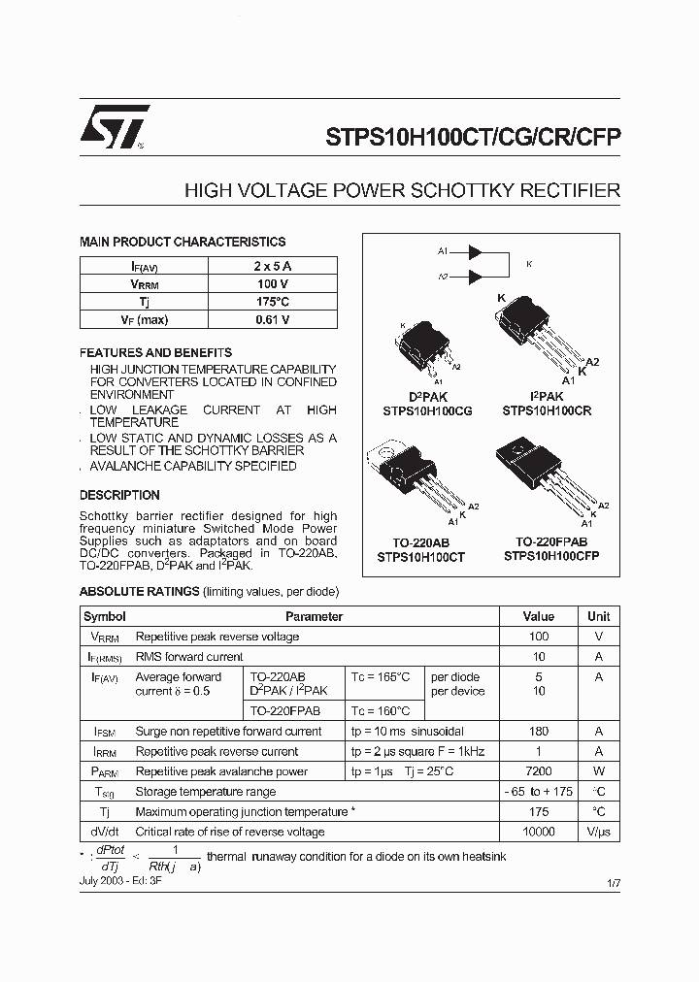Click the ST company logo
(x=115, y=126)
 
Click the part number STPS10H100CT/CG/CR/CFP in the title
(x=466, y=138)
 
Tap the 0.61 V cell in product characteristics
(x=273, y=319)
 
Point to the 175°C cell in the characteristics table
(x=273, y=302)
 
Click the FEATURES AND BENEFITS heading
(x=155, y=353)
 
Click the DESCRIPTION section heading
(x=119, y=495)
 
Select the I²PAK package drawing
(x=539, y=335)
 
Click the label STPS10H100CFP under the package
(x=551, y=557)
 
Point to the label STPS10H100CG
(x=427, y=410)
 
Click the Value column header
(x=539, y=616)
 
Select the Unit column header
(x=599, y=616)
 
